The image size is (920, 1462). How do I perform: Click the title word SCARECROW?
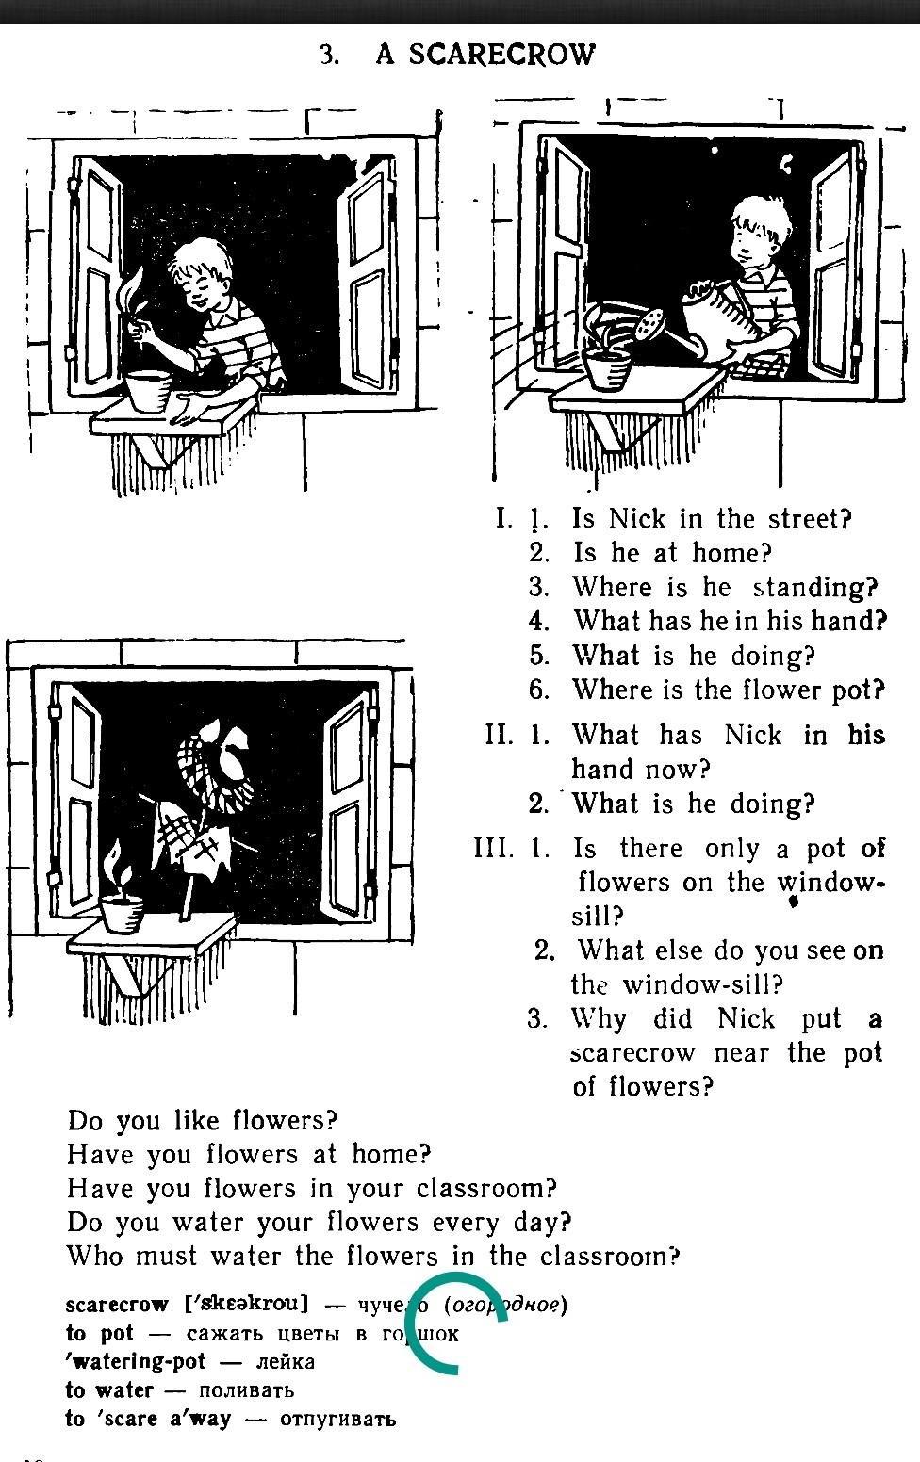501,55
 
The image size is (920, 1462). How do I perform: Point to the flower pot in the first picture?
148,389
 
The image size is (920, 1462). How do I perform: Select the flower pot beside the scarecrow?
123,912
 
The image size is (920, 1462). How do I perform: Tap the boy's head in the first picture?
202,273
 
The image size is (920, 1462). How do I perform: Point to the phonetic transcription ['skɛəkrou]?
248,1305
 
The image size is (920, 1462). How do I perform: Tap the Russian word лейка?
284,1361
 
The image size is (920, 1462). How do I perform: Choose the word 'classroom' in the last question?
609,1256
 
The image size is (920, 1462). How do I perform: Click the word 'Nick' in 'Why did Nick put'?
746,1018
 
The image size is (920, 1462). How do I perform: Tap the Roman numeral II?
499,734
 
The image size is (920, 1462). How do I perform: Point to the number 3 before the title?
328,56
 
